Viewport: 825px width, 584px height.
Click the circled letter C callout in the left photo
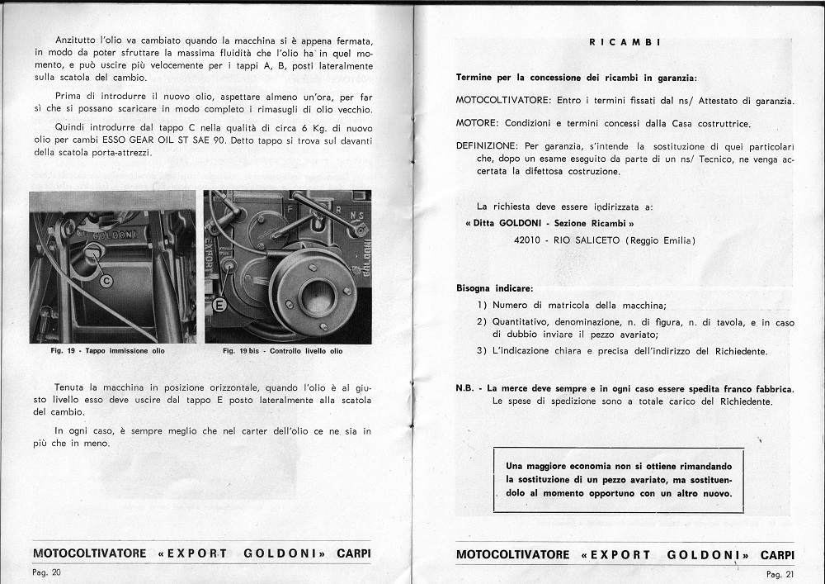click(x=106, y=281)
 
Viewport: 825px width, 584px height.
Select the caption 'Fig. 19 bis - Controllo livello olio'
click(x=283, y=351)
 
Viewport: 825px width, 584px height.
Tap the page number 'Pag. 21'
click(x=779, y=573)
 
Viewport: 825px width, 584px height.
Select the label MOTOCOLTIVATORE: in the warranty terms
click(x=505, y=101)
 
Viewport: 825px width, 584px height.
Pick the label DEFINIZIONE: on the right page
click(x=488, y=145)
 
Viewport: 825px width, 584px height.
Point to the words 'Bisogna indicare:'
click(x=494, y=289)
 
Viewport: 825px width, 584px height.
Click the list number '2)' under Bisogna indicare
click(x=482, y=321)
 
